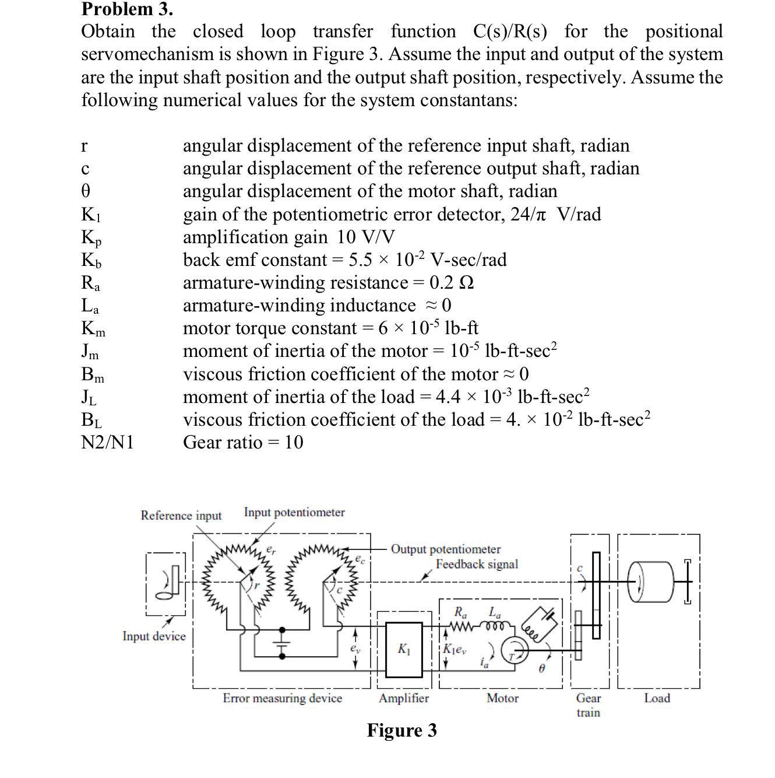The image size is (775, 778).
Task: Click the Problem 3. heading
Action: tap(127, 9)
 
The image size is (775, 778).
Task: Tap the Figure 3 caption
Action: tap(401, 730)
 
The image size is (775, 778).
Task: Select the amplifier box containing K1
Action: tap(404, 650)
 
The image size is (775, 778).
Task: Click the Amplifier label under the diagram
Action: tap(404, 698)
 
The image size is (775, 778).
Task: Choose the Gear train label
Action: tap(588, 705)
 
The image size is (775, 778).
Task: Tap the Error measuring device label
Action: tap(282, 698)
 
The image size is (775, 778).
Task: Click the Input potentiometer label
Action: tap(294, 512)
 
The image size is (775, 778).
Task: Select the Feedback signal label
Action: tap(477, 564)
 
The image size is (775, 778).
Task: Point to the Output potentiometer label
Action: tap(446, 549)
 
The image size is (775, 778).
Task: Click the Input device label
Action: tap(154, 636)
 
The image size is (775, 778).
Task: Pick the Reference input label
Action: tap(181, 516)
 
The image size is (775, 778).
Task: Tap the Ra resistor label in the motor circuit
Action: tap(460, 612)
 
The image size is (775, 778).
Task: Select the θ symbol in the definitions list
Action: tap(86, 191)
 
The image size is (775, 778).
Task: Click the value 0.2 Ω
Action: tap(451, 282)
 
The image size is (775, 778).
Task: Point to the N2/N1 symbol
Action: tap(107, 443)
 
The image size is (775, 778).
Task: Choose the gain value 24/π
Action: tap(529, 215)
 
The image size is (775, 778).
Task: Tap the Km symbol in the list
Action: tap(93, 329)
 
